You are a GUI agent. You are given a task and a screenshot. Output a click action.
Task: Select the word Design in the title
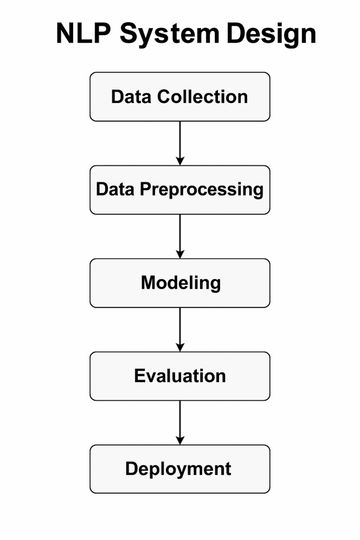point(270,34)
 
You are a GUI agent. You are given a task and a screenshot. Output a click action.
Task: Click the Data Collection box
point(180,97)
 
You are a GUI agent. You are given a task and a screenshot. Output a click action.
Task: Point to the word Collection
point(202,97)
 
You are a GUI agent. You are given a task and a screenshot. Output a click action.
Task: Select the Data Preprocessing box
point(180,190)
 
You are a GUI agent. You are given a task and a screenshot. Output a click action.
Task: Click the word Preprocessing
point(202,190)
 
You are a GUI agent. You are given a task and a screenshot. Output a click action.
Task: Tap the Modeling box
point(180,283)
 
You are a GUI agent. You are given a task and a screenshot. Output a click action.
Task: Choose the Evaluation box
point(180,376)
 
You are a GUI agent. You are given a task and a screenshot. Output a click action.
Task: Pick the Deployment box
point(180,469)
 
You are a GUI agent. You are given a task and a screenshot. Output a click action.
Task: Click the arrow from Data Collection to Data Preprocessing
point(180,141)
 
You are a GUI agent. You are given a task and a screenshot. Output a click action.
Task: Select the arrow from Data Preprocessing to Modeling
point(180,234)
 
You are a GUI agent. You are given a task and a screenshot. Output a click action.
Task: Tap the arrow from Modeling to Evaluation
point(180,327)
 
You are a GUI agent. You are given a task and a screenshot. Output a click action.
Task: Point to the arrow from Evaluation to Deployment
point(180,420)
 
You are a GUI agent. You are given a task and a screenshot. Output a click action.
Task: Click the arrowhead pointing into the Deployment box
point(180,440)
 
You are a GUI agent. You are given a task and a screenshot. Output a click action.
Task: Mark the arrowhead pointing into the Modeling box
point(180,254)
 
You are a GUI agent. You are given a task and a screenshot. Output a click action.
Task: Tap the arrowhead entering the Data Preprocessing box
point(180,161)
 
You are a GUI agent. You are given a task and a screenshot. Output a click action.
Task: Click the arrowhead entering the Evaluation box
point(180,347)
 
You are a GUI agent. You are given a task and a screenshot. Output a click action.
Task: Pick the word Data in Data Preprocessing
point(116,190)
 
